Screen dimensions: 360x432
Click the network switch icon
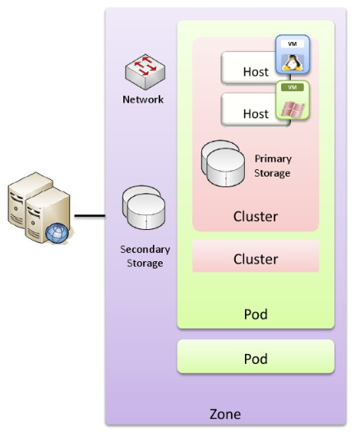pos(145,72)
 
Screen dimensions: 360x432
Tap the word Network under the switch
pos(143,99)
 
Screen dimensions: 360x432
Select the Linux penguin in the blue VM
pos(292,62)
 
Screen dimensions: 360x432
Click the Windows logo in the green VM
pos(293,109)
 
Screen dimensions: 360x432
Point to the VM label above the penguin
pos(293,44)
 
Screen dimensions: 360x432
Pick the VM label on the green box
pos(293,87)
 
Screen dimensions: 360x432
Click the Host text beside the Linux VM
pos(256,72)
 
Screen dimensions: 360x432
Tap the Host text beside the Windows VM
pos(256,114)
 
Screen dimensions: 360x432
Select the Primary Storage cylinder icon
pos(223,163)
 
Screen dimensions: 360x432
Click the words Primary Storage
pos(273,166)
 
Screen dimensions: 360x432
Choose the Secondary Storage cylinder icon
pos(144,208)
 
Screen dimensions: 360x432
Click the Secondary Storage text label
pos(145,256)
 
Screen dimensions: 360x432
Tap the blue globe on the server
pos(57,233)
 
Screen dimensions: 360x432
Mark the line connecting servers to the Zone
pos(90,216)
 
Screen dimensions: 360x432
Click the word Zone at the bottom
pos(225,414)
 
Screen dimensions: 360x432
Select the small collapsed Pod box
pos(256,356)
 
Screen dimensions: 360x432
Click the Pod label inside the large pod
pos(256,315)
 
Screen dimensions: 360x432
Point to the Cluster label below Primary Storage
pos(256,217)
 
